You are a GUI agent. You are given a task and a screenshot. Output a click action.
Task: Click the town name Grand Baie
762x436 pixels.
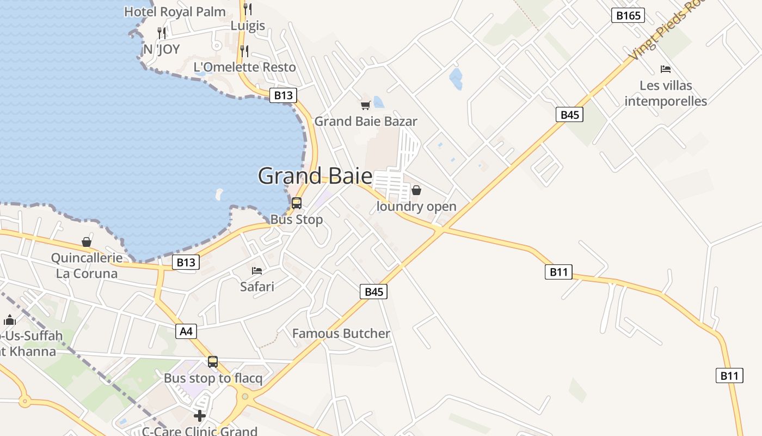tap(315, 176)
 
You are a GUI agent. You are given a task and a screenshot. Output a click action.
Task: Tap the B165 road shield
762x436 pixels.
tap(628, 15)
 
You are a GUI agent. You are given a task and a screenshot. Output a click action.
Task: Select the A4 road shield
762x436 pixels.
tap(186, 331)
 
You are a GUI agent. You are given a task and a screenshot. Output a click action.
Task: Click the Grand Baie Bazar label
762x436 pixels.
tap(366, 121)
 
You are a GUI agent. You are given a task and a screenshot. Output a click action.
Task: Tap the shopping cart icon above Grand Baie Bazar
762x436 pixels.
tap(365, 105)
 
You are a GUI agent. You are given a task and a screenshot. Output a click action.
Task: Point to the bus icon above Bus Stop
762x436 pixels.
tap(297, 203)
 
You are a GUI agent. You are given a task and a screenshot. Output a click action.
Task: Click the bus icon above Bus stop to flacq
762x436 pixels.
tap(213, 361)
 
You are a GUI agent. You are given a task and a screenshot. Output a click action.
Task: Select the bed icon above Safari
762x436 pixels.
tap(257, 270)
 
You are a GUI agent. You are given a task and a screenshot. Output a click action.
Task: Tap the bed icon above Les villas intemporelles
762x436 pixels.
tap(665, 69)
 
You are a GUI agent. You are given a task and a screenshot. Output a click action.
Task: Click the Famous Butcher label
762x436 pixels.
tap(341, 334)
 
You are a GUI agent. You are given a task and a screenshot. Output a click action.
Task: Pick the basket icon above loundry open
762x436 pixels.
tap(416, 190)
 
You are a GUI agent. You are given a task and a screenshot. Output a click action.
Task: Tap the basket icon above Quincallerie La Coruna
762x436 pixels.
tap(87, 241)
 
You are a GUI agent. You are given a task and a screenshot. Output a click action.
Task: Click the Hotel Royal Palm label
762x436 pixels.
tap(175, 11)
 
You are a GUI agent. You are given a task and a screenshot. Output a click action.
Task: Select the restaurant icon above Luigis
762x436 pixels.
tap(248, 9)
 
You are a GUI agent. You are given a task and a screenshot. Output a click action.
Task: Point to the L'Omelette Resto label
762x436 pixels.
tap(245, 67)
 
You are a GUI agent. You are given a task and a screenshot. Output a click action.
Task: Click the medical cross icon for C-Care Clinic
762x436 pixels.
tap(200, 416)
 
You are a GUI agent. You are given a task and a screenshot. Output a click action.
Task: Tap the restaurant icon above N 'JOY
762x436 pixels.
tap(161, 33)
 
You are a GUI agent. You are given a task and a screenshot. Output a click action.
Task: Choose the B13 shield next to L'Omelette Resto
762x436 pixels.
tap(283, 95)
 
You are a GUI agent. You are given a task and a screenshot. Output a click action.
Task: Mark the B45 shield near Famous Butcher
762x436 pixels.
tap(374, 292)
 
